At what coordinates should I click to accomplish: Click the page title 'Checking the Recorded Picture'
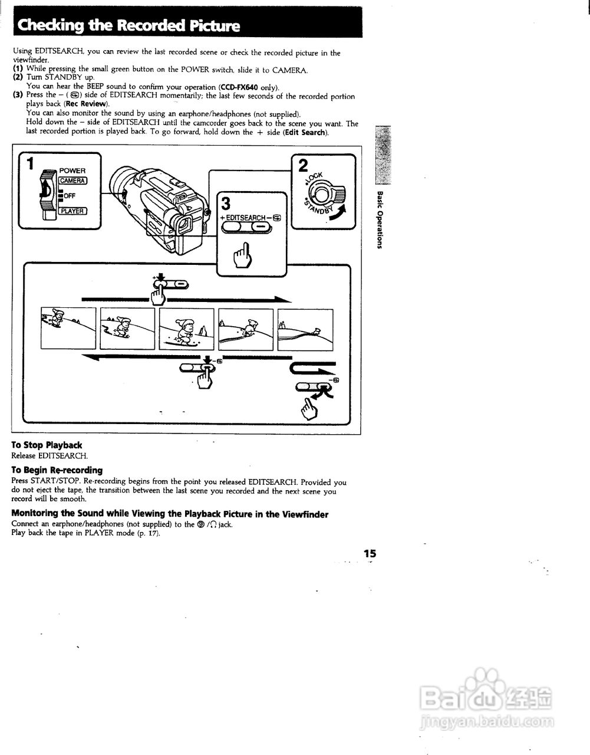[x=129, y=25]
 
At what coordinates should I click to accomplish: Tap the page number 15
[x=370, y=553]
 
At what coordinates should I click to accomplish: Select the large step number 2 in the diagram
[x=304, y=165]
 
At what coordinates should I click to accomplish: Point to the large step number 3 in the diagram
[x=226, y=204]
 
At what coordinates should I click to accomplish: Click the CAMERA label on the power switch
[x=72, y=180]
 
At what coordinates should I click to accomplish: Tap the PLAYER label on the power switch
[x=72, y=211]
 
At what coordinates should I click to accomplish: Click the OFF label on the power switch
[x=69, y=196]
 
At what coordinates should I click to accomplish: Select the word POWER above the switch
[x=72, y=170]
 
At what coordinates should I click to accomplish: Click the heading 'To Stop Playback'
[x=47, y=445]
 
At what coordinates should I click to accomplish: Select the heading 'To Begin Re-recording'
[x=57, y=470]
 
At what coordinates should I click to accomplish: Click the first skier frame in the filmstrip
[x=68, y=329]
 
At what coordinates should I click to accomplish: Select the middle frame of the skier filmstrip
[x=186, y=329]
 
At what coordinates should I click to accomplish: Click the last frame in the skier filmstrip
[x=305, y=329]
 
